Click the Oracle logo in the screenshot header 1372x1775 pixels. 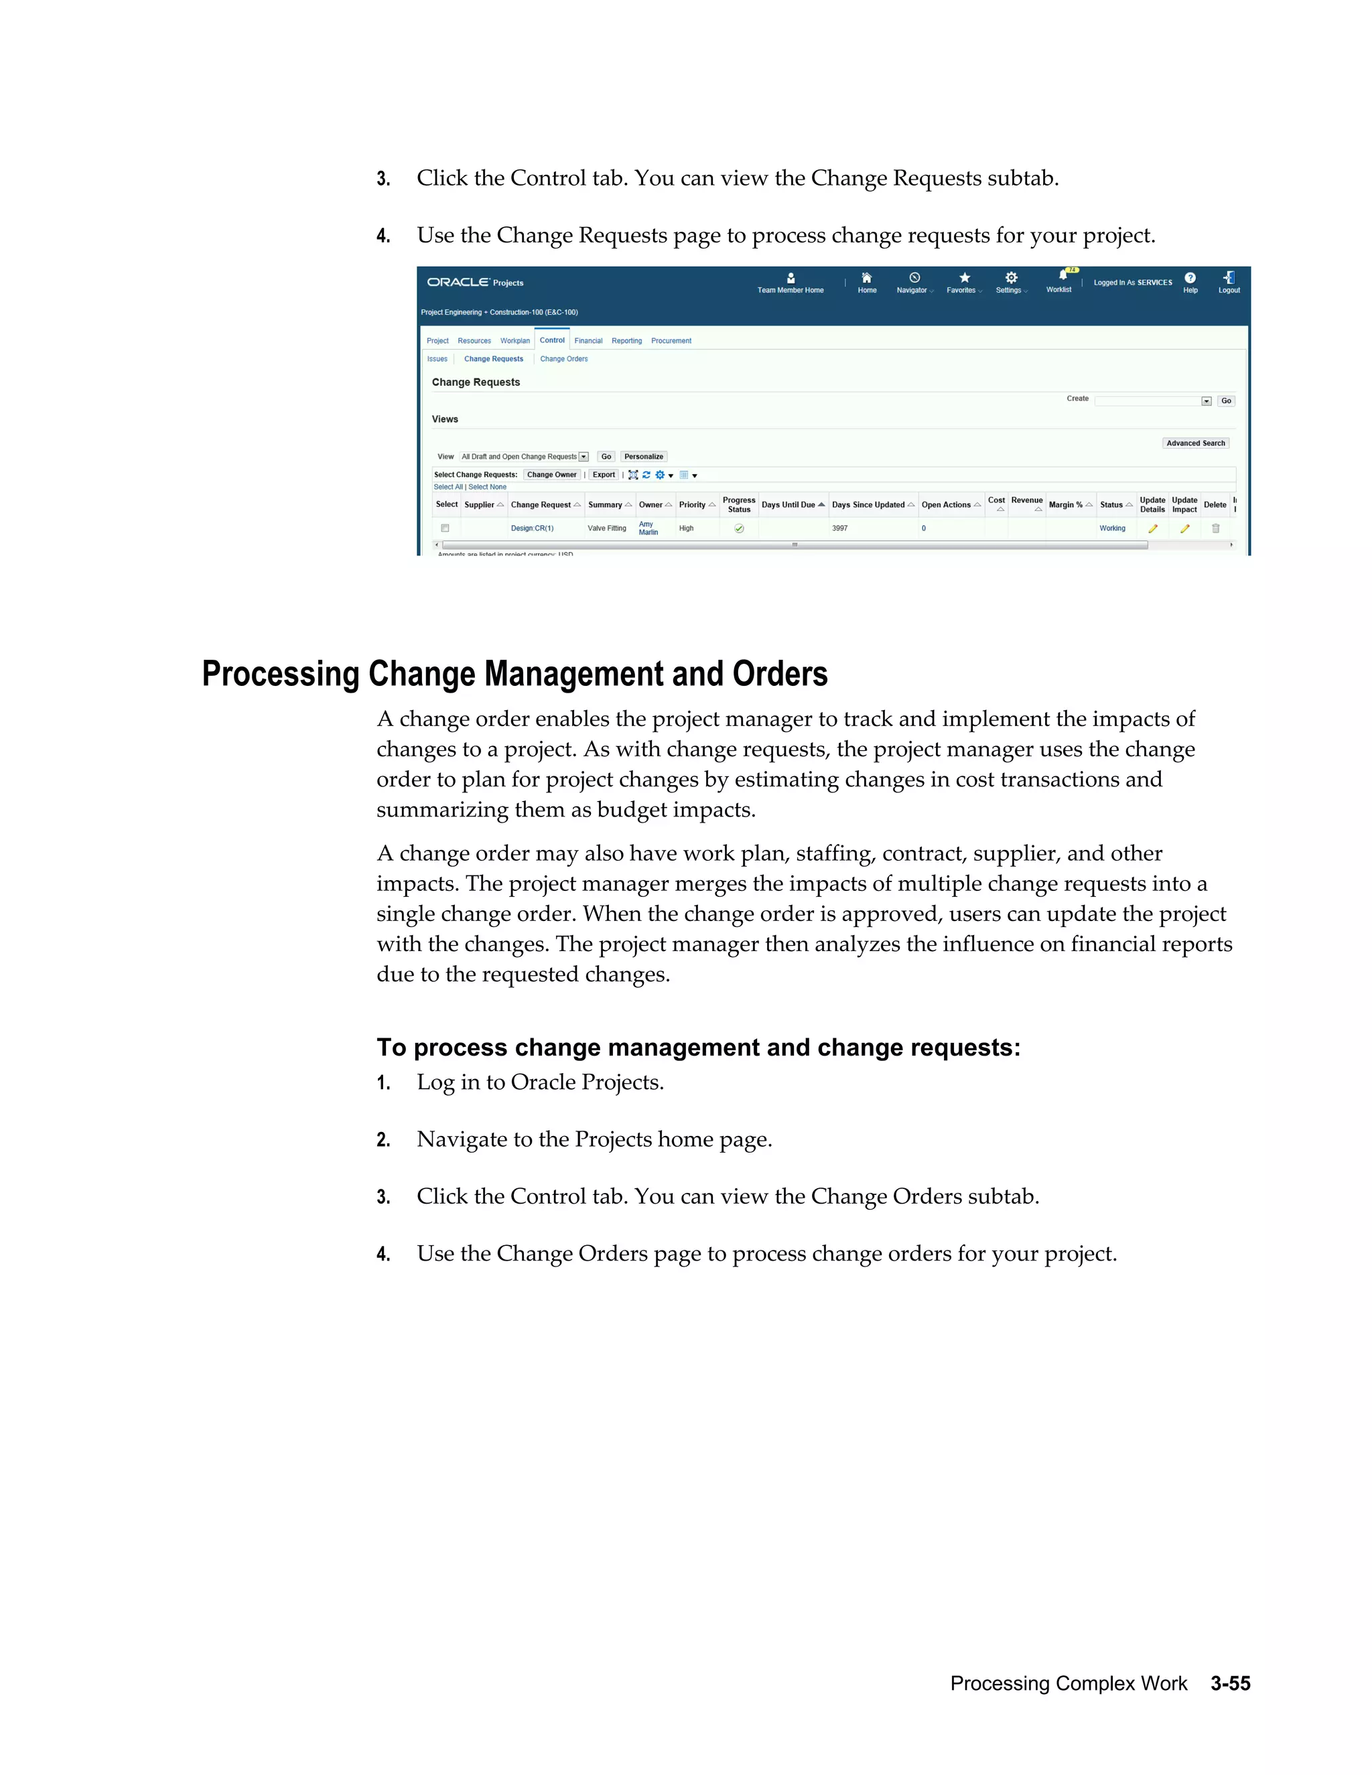click(x=458, y=282)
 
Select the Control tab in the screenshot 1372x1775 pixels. click(x=552, y=340)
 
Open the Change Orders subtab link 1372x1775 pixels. click(x=563, y=358)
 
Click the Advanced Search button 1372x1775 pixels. click(x=1195, y=443)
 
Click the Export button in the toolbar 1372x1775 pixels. click(x=603, y=475)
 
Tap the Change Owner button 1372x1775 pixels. click(x=551, y=475)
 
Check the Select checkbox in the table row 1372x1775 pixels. click(x=445, y=528)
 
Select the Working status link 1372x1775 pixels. click(x=1112, y=528)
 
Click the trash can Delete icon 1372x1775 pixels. click(x=1215, y=528)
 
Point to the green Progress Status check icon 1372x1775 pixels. click(x=739, y=528)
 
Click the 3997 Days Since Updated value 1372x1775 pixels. click(x=839, y=528)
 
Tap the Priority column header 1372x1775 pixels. click(x=693, y=505)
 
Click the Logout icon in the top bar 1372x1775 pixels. click(x=1228, y=278)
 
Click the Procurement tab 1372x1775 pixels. click(x=671, y=340)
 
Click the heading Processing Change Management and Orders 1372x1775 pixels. click(x=514, y=674)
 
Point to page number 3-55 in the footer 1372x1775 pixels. click(x=1230, y=1683)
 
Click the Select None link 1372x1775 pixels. click(x=487, y=487)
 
